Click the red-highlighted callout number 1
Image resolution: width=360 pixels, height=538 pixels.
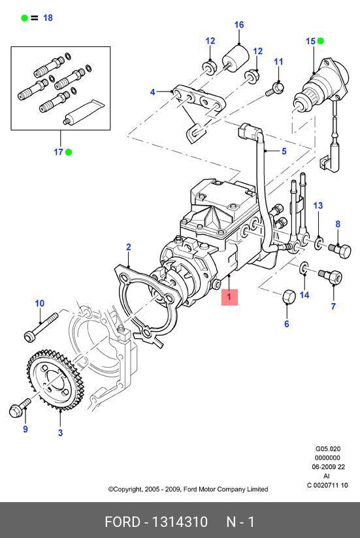[229, 297]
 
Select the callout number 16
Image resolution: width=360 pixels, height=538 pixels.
[239, 25]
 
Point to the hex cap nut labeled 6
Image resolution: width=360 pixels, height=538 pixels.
[289, 296]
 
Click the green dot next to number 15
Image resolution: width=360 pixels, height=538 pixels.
[320, 41]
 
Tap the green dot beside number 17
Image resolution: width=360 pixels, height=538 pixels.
[69, 152]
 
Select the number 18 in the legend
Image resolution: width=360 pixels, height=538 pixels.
[48, 18]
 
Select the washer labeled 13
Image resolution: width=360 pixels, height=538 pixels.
[319, 244]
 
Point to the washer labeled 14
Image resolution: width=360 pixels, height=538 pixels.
[304, 268]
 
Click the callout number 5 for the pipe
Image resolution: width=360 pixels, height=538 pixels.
[284, 151]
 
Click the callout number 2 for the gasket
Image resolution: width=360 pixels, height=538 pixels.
[128, 247]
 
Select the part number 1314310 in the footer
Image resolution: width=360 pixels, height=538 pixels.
[180, 522]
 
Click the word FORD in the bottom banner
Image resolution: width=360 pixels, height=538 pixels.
[123, 522]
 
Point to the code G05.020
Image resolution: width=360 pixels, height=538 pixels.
[328, 449]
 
